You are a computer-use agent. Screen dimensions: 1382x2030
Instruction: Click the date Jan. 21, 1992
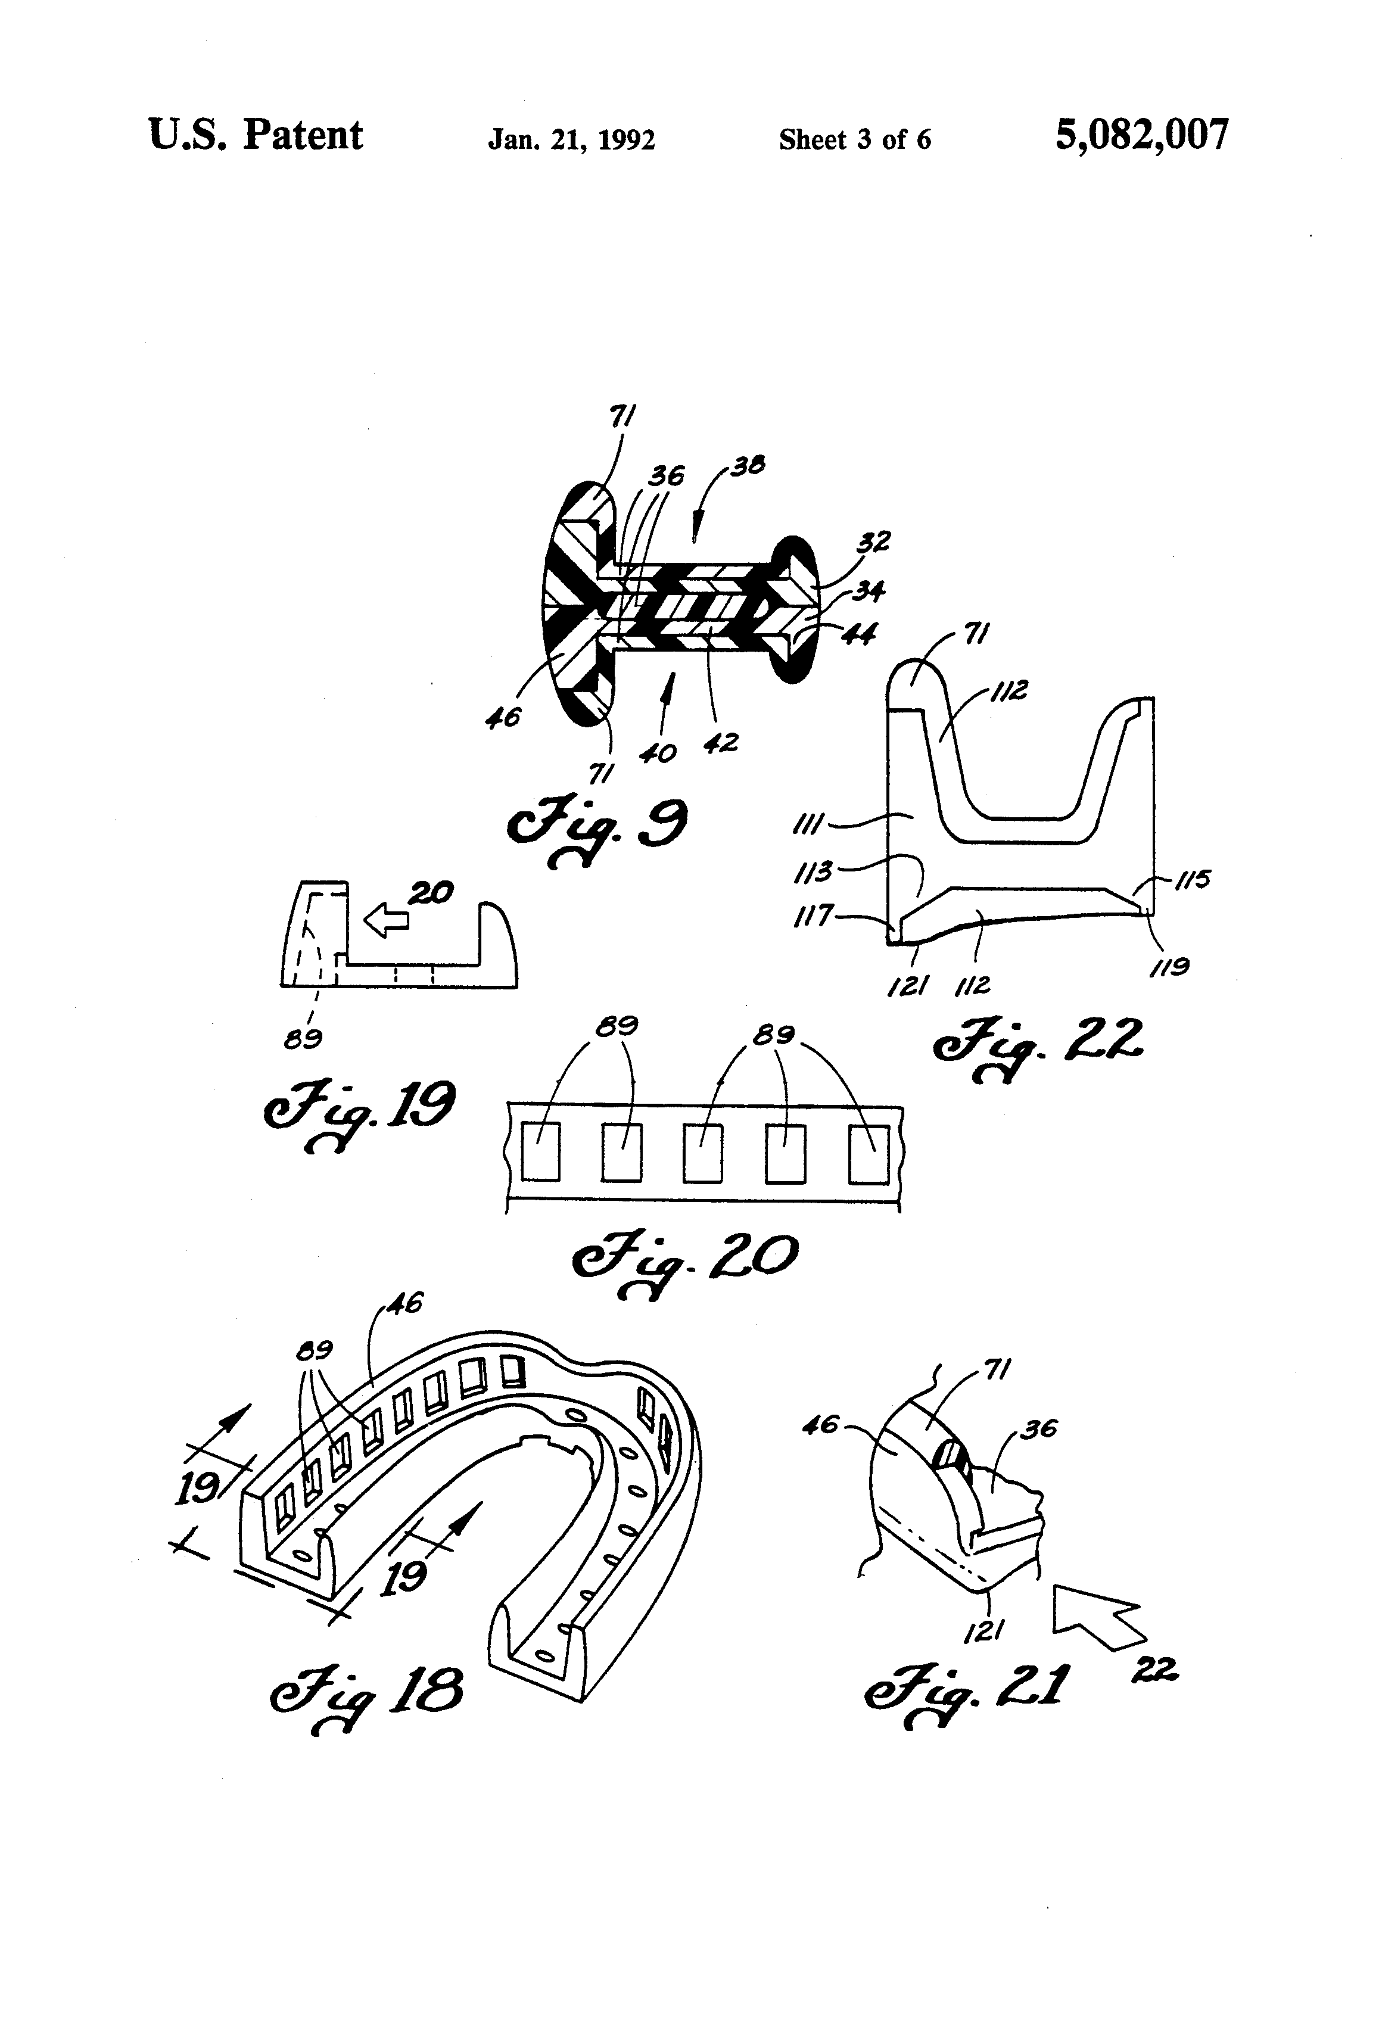coord(571,140)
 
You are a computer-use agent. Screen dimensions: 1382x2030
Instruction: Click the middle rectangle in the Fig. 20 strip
coord(704,1153)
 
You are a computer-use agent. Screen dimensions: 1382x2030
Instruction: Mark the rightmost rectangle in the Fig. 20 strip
coord(869,1155)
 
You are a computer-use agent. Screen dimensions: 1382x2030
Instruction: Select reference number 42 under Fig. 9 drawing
coord(721,743)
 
